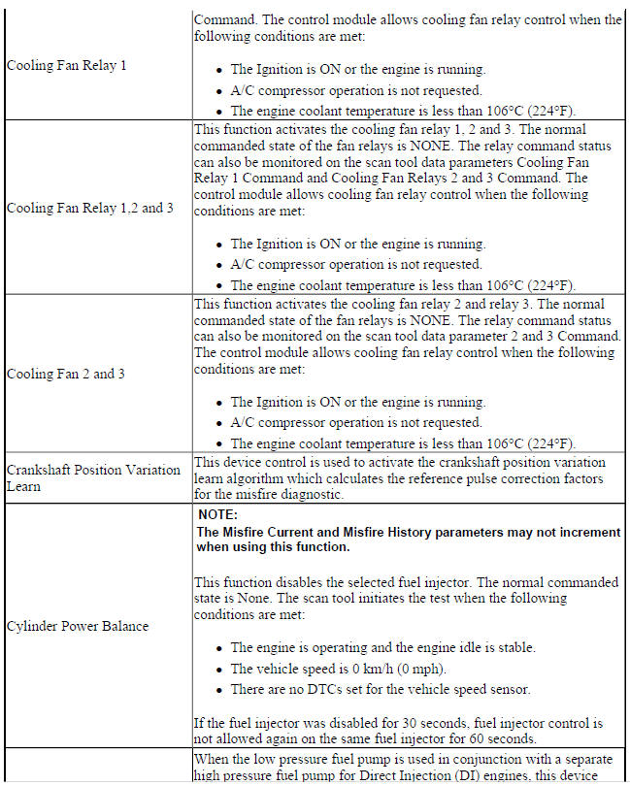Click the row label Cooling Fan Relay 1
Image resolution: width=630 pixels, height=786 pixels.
pyautogui.click(x=67, y=65)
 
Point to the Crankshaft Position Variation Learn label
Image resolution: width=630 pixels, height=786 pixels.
pyautogui.click(x=93, y=477)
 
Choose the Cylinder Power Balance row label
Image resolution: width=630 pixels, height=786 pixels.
pyautogui.click(x=78, y=626)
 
